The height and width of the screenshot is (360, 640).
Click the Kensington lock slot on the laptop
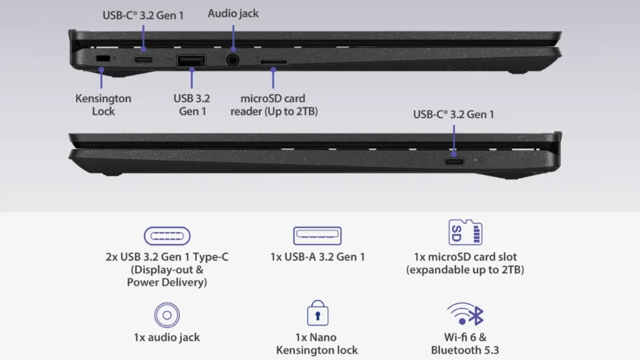click(102, 59)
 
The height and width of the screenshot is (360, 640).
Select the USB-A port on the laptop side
click(191, 61)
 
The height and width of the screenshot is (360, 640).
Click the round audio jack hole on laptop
click(233, 61)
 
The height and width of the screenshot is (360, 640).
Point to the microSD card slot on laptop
click(273, 62)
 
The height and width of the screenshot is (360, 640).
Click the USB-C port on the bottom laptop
click(454, 160)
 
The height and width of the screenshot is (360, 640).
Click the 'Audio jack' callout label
click(233, 13)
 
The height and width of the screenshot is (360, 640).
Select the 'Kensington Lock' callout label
click(103, 105)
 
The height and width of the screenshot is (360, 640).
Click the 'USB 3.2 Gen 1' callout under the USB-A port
click(191, 105)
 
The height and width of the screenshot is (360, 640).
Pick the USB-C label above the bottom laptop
click(454, 114)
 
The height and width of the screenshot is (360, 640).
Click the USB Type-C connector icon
click(167, 236)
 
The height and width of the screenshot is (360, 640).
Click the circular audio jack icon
click(167, 314)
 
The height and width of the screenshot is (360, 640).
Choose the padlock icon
click(317, 314)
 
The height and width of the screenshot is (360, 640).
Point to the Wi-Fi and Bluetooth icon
click(466, 314)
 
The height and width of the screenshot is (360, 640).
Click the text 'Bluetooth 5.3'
click(465, 350)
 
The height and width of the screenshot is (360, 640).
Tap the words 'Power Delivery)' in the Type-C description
click(167, 282)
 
